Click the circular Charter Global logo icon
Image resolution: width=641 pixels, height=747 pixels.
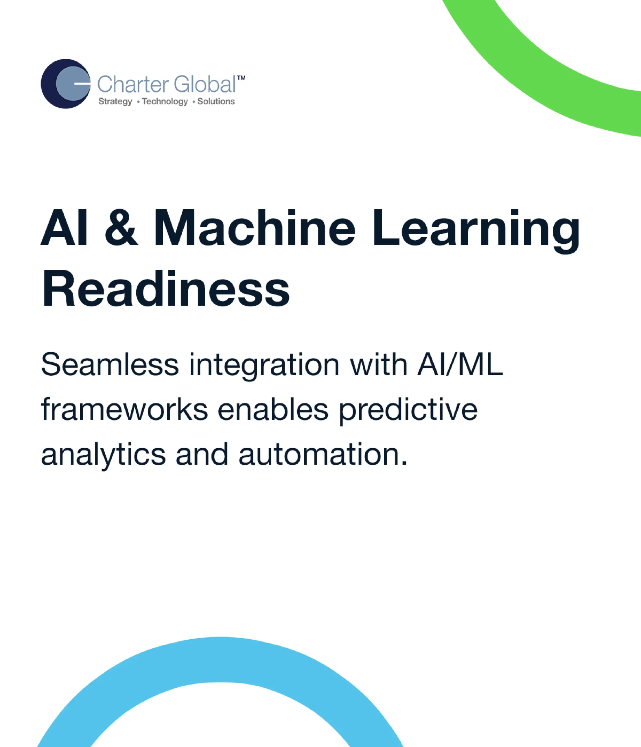tap(66, 84)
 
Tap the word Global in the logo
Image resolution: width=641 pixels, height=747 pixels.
tap(204, 84)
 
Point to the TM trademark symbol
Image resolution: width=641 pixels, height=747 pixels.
tap(241, 78)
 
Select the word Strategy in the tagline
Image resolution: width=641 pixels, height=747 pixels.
tap(115, 102)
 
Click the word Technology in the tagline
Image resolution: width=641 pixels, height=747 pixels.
tap(165, 102)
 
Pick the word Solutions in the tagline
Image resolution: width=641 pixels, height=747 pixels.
tap(216, 101)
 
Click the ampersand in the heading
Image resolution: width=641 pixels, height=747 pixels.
tap(121, 228)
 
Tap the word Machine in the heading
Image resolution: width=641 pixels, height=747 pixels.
tap(255, 228)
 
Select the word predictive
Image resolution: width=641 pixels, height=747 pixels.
tap(408, 411)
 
